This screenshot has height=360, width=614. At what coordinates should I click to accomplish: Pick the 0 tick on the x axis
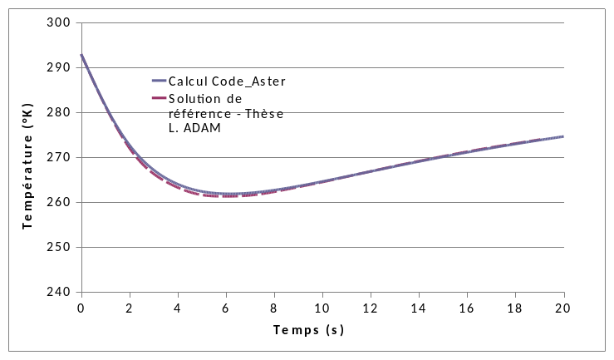coord(81,308)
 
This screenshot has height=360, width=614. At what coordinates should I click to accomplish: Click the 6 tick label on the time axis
coord(226,308)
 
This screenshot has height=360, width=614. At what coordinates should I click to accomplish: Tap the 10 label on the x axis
coord(322,308)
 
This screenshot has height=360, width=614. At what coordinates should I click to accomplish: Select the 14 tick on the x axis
coord(419,308)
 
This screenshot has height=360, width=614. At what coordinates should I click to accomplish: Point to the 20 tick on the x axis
coord(564,308)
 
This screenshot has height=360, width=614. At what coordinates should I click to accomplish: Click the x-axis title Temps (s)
coord(308,330)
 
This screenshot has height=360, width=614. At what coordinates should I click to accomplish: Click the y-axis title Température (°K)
coord(28,157)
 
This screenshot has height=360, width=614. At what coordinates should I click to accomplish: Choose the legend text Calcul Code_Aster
coord(227,81)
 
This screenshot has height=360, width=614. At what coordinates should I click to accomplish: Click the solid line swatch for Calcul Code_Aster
coord(159,81)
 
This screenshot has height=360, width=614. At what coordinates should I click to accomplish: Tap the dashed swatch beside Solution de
coord(159,98)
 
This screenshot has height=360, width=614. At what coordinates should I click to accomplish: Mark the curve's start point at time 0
coord(81,55)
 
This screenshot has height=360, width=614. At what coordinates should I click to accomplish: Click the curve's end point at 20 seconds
coord(564,136)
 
